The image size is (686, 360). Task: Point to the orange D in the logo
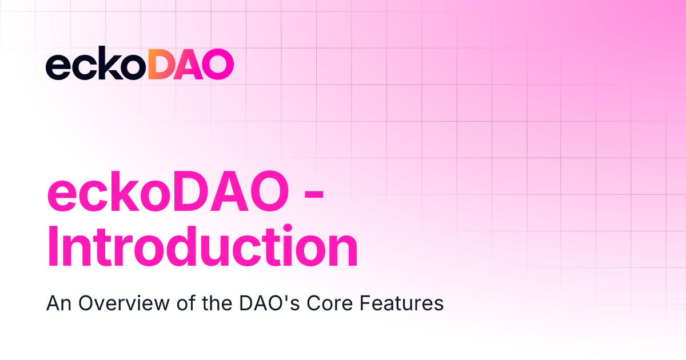point(162,64)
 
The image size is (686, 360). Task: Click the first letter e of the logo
point(57,67)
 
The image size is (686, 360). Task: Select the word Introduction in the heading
point(201,247)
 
